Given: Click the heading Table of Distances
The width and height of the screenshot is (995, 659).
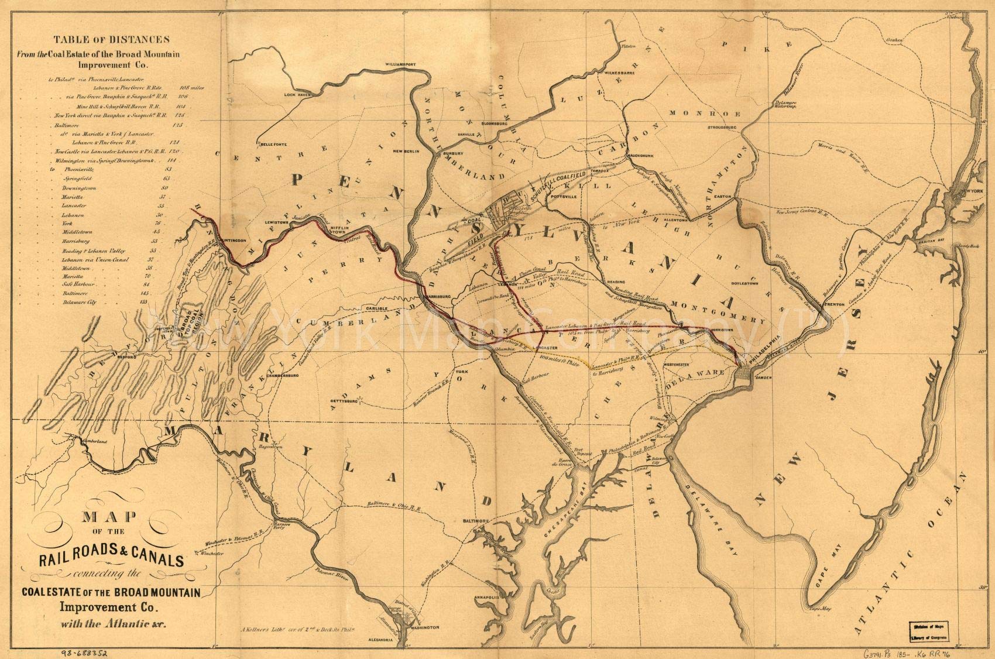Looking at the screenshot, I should click(x=112, y=40).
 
